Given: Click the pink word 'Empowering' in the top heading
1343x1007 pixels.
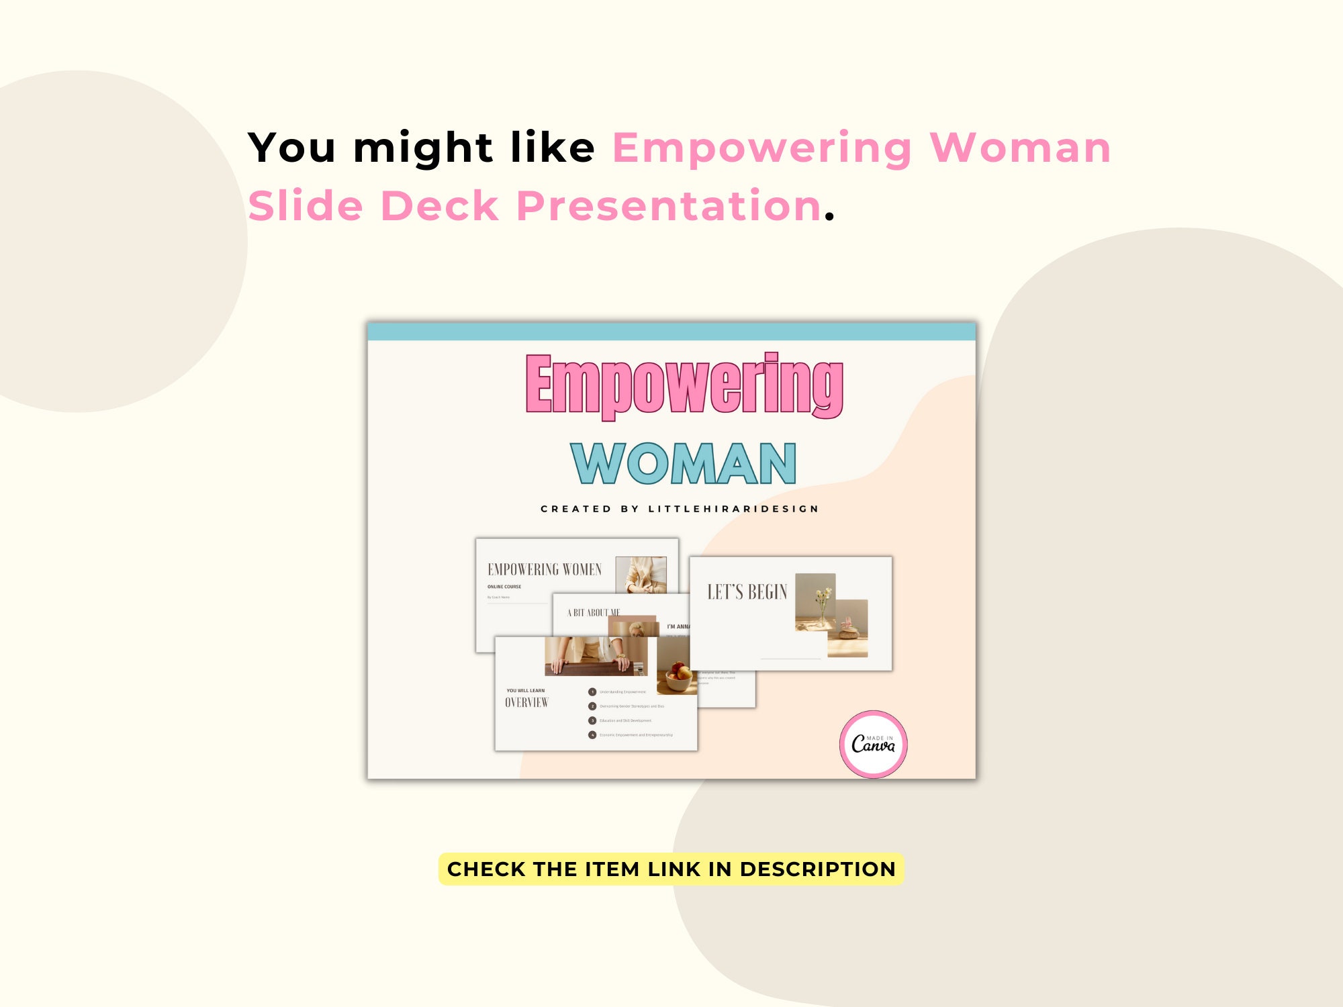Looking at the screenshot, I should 761,148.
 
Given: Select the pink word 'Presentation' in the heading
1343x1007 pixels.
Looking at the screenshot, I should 669,205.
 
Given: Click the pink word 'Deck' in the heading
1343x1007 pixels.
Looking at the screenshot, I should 440,205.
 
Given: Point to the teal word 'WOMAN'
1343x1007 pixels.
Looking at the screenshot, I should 683,463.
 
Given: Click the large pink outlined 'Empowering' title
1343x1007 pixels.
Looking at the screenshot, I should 684,384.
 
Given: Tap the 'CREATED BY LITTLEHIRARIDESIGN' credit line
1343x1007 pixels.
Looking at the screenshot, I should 680,509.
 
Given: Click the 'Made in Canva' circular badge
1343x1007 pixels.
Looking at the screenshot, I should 873,744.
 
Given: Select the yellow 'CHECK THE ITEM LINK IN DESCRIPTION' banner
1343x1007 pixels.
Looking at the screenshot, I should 671,869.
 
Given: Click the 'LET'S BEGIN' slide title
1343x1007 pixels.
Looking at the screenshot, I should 747,592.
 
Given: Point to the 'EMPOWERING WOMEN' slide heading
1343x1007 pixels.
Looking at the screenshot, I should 545,570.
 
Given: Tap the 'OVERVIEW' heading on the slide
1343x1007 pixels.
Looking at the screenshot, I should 526,703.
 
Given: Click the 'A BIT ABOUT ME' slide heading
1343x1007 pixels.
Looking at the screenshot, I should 594,613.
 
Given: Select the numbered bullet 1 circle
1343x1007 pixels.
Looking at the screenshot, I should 592,691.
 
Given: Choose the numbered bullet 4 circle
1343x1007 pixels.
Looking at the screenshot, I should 592,735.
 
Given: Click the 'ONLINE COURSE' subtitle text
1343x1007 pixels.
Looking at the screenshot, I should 504,587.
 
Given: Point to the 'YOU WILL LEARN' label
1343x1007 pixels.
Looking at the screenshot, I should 526,690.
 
